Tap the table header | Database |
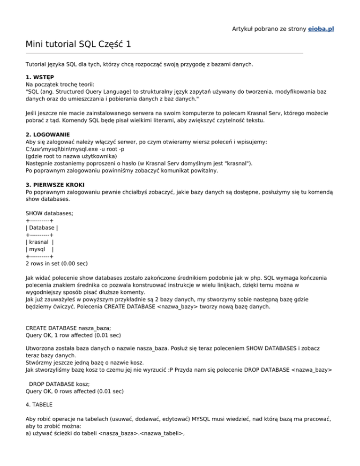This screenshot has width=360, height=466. tap(42, 228)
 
